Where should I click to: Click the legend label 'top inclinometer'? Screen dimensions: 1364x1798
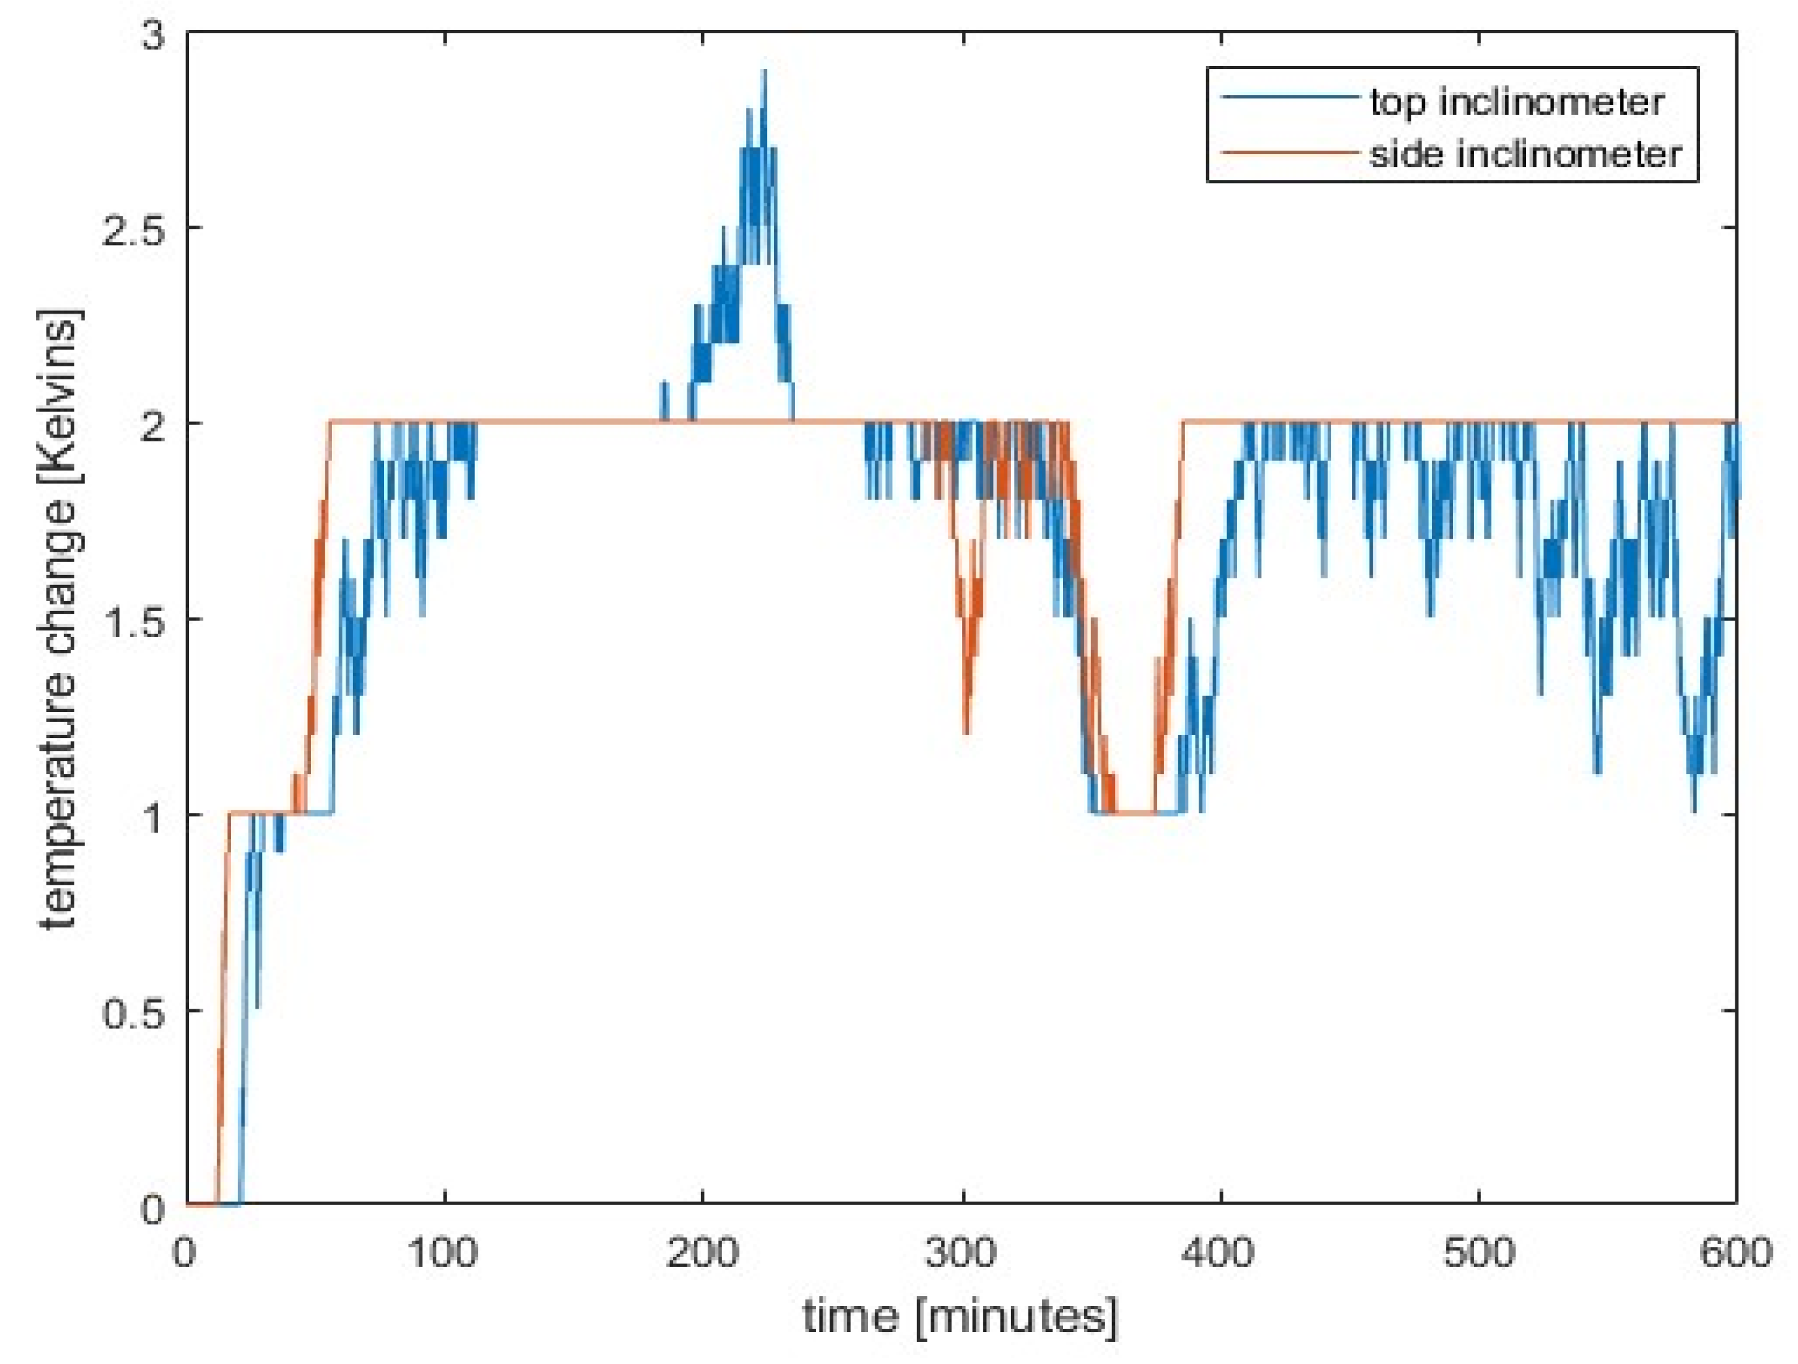[x=1517, y=102]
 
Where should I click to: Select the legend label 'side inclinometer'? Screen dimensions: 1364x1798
[x=1525, y=154]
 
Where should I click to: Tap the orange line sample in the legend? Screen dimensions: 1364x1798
[x=1289, y=152]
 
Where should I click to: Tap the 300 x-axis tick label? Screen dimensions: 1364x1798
[x=961, y=1253]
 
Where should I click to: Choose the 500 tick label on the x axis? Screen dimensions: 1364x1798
[x=1478, y=1253]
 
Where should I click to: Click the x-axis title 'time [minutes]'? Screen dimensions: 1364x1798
[x=960, y=1316]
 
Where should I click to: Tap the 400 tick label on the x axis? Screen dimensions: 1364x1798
[x=1220, y=1253]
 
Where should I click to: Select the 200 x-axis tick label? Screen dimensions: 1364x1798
[x=702, y=1253]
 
